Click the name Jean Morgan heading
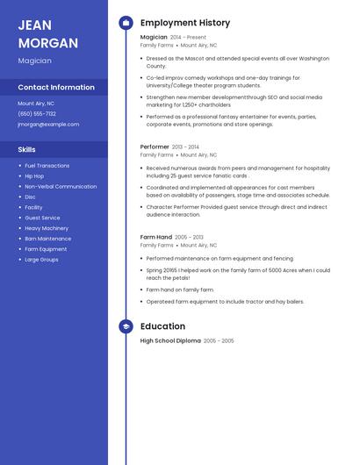point(47,33)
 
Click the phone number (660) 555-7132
point(37,113)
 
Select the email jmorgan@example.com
point(48,124)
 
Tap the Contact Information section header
point(56,87)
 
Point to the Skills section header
point(26,149)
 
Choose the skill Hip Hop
point(34,175)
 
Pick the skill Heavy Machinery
point(46,228)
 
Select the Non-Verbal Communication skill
point(61,186)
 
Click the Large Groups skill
point(41,260)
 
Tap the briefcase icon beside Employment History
point(126,23)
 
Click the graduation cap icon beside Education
point(126,326)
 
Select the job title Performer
point(155,147)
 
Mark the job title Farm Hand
point(156,237)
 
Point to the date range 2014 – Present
point(188,38)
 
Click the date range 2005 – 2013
point(189,237)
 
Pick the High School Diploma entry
point(170,340)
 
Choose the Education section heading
point(162,326)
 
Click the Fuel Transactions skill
point(47,165)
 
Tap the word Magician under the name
point(34,61)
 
